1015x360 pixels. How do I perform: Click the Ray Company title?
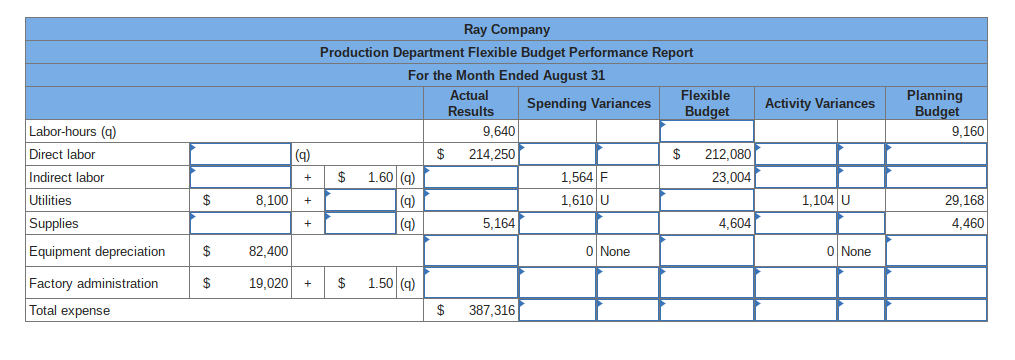pyautogui.click(x=506, y=30)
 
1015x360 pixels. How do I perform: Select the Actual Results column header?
pyautogui.click(x=470, y=103)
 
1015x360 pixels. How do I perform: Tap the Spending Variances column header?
pyautogui.click(x=588, y=103)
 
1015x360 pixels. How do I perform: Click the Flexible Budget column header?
pyautogui.click(x=706, y=103)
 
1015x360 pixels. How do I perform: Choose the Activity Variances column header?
pyautogui.click(x=819, y=103)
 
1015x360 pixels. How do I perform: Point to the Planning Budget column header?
pyautogui.click(x=936, y=103)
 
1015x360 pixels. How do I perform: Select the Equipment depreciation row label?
pyautogui.click(x=97, y=251)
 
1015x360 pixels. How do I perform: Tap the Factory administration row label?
pyautogui.click(x=93, y=284)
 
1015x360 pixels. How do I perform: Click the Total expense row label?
pyautogui.click(x=70, y=311)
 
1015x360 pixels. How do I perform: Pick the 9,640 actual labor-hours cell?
pyautogui.click(x=498, y=132)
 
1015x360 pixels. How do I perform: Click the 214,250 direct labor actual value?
pyautogui.click(x=490, y=154)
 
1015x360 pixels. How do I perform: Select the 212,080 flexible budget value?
pyautogui.click(x=728, y=154)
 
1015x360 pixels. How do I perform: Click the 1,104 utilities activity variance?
pyautogui.click(x=819, y=200)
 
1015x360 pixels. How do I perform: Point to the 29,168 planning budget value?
pyautogui.click(x=964, y=200)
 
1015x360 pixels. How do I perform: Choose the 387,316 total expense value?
pyautogui.click(x=491, y=311)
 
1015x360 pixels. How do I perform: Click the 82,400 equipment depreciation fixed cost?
pyautogui.click(x=269, y=251)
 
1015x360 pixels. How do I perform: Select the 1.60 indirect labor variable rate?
pyautogui.click(x=379, y=177)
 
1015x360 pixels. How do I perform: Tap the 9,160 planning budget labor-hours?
pyautogui.click(x=968, y=132)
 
